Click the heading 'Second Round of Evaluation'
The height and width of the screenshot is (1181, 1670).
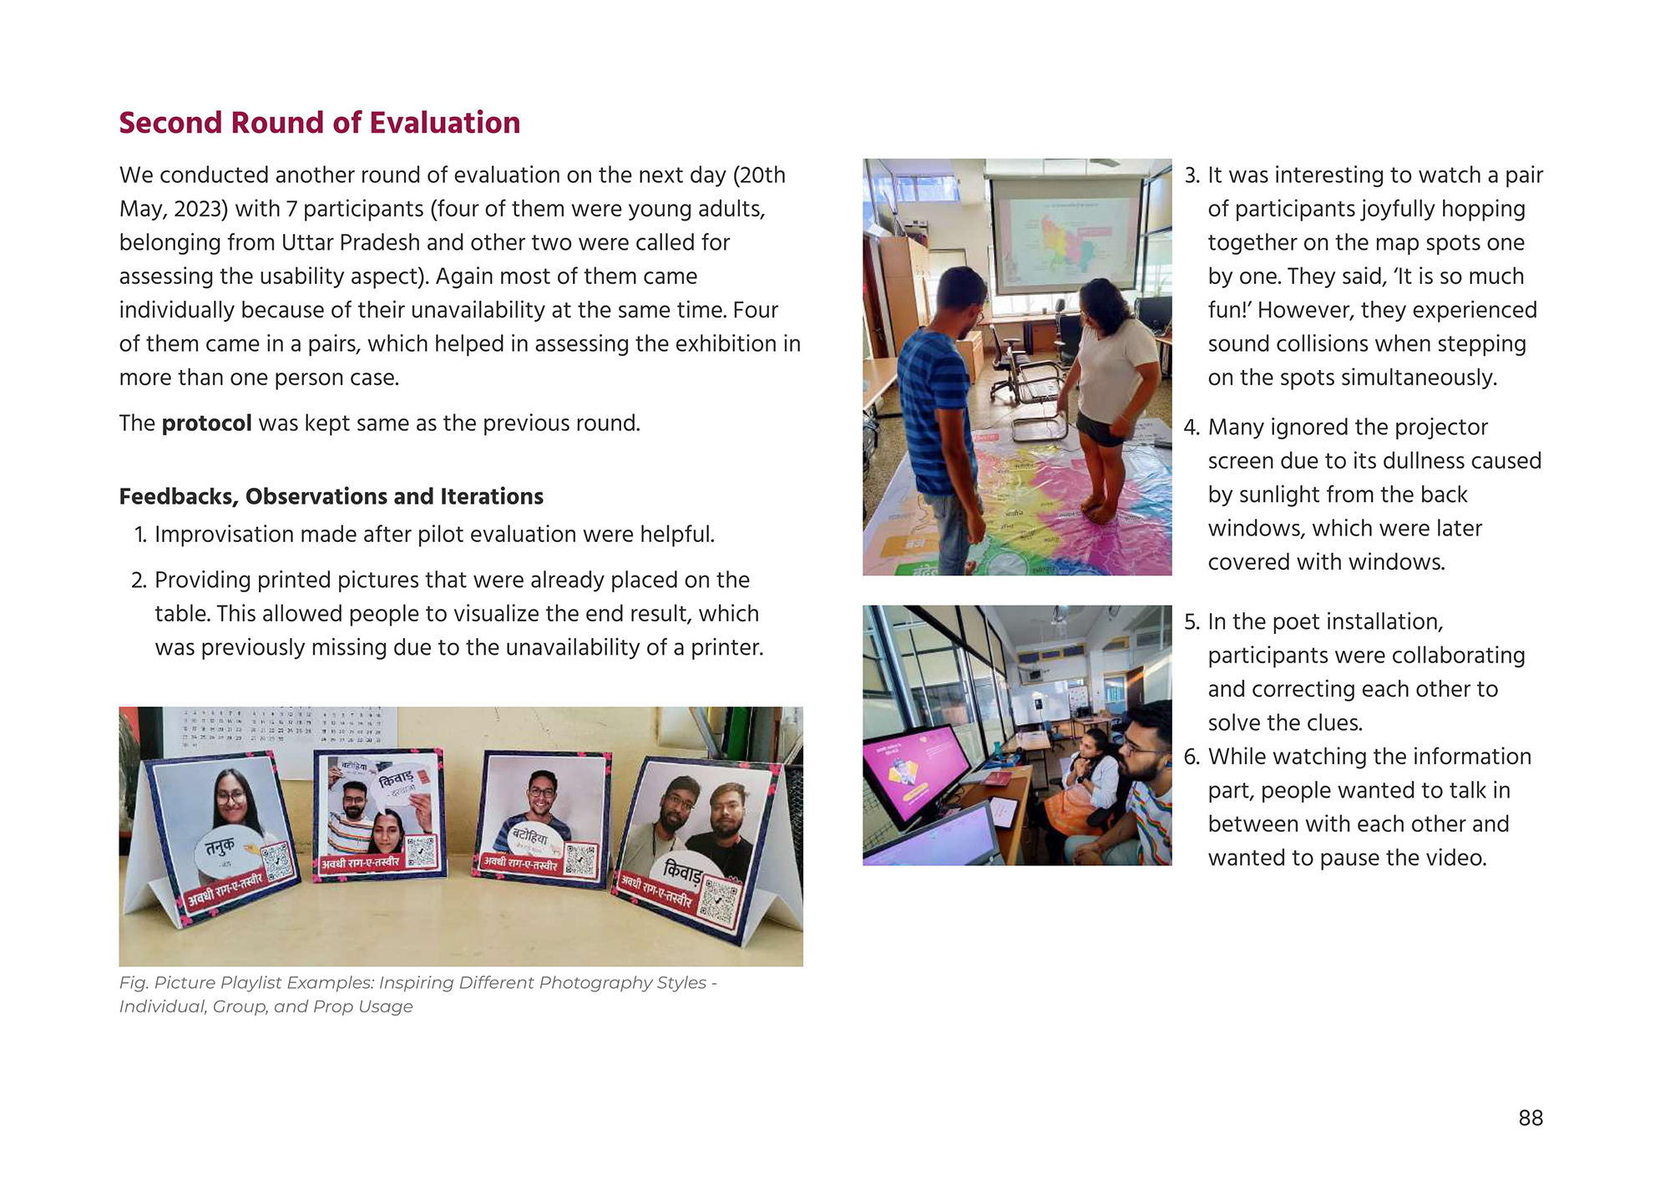(319, 123)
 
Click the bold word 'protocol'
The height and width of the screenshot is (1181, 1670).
(206, 423)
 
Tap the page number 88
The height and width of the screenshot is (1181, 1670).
(1530, 1118)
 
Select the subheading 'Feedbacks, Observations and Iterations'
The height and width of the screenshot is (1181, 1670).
(331, 497)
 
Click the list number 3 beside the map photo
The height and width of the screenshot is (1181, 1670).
(1192, 175)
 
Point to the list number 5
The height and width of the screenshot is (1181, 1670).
(1192, 622)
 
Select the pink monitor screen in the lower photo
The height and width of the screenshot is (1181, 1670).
(914, 773)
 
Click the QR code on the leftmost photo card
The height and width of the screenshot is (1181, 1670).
(276, 860)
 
